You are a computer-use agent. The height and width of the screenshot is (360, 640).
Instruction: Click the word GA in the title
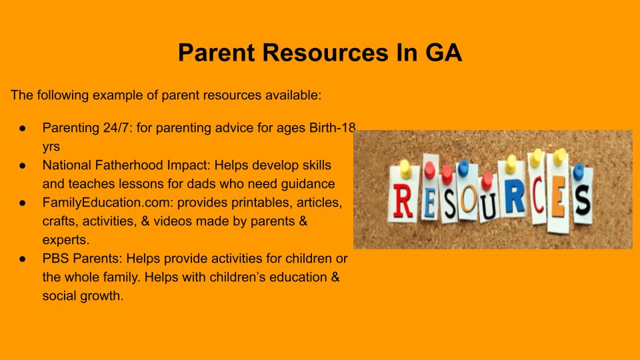(444, 52)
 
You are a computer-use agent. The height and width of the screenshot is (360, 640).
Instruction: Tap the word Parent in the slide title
(217, 52)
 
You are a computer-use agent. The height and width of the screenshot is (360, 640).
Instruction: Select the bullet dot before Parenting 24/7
(23, 128)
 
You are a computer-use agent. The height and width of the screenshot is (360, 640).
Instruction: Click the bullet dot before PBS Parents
(23, 259)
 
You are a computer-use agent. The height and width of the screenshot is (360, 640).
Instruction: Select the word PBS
(55, 259)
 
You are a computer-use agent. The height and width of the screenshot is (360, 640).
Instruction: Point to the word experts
(66, 240)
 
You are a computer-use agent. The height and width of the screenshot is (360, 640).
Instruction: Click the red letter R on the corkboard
(403, 201)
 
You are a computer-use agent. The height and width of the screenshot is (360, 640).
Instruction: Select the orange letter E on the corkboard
(558, 197)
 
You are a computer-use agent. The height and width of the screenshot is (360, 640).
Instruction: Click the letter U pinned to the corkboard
(488, 206)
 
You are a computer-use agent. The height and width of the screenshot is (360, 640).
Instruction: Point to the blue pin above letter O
(463, 167)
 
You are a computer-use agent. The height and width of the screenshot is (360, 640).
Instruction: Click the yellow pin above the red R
(405, 169)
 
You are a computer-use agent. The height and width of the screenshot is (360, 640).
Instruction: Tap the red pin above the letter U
(487, 181)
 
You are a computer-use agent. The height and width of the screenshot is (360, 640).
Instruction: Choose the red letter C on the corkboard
(539, 195)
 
